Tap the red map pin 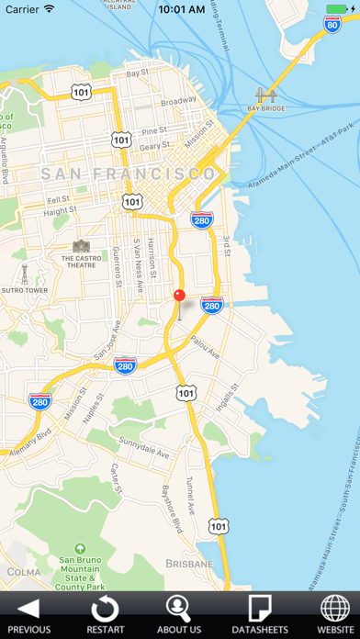(x=180, y=296)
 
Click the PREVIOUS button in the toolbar (x=29, y=614)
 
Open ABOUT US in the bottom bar (x=179, y=614)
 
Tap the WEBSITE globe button (x=334, y=614)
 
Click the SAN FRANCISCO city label (x=129, y=174)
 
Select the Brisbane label (x=189, y=563)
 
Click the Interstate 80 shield (x=332, y=24)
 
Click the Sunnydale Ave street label (x=143, y=446)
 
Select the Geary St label (x=153, y=145)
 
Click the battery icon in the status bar (x=336, y=9)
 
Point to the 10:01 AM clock (x=180, y=9)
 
